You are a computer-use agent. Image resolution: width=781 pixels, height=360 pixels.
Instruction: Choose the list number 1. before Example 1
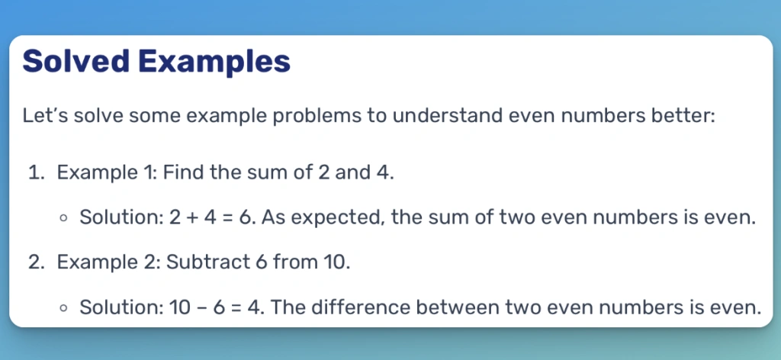tap(37, 173)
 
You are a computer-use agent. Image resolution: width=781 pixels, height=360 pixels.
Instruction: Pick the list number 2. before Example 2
tap(37, 262)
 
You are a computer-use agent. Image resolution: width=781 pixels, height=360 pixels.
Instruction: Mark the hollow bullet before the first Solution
tap(63, 217)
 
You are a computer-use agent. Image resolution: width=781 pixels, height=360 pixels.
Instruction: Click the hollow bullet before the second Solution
tap(63, 307)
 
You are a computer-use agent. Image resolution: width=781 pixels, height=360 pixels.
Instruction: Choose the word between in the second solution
tap(458, 307)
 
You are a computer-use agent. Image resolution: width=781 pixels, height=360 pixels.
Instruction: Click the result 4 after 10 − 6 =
tap(253, 307)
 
